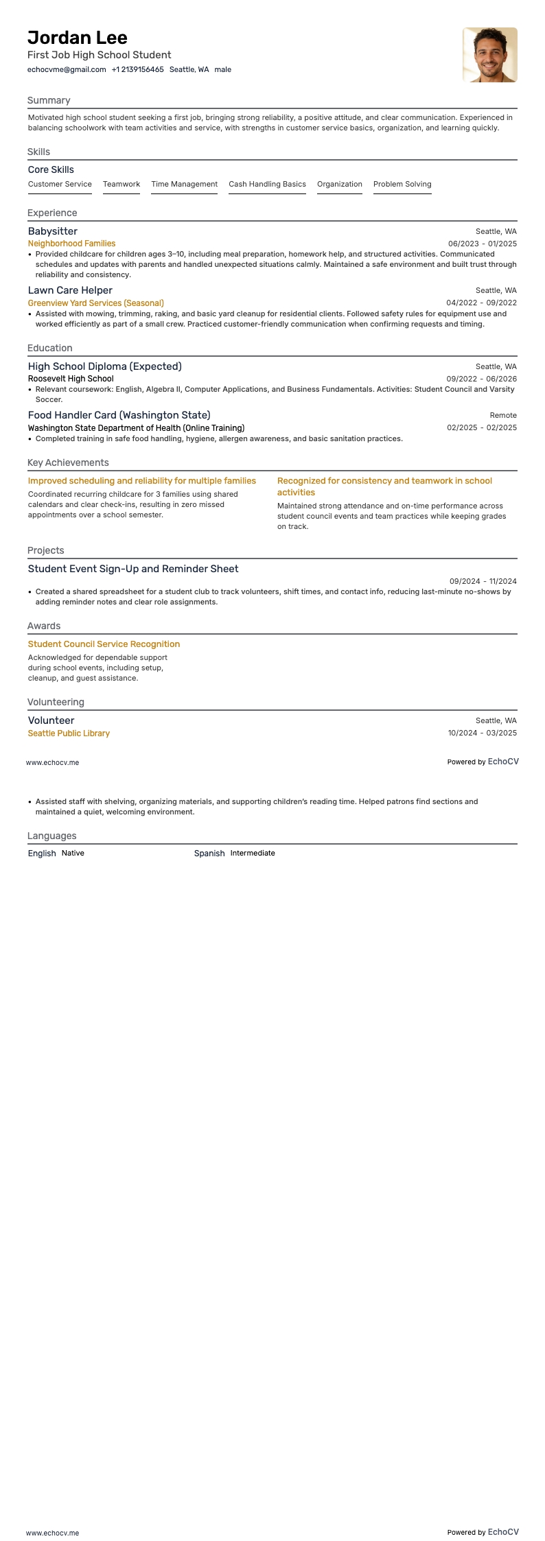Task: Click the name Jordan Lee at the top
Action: [78, 37]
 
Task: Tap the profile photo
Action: [489, 55]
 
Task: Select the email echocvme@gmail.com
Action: [67, 69]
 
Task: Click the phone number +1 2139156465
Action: [137, 69]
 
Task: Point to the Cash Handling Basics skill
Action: [267, 184]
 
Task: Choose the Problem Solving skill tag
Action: [402, 184]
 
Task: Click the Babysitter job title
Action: [53, 231]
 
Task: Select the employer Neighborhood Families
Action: [71, 244]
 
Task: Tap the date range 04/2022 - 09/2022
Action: [481, 303]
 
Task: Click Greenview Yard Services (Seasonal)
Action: [95, 303]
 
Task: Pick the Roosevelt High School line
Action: [71, 379]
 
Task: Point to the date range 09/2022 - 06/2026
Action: [481, 379]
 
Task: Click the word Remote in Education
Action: [503, 415]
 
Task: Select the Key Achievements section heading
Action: [68, 462]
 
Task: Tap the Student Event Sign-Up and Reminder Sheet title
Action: [133, 569]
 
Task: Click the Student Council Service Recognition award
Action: [104, 644]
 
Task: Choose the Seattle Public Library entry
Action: [69, 733]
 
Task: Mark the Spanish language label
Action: [209, 854]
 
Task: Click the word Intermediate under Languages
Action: [253, 854]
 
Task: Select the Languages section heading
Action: [51, 836]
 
